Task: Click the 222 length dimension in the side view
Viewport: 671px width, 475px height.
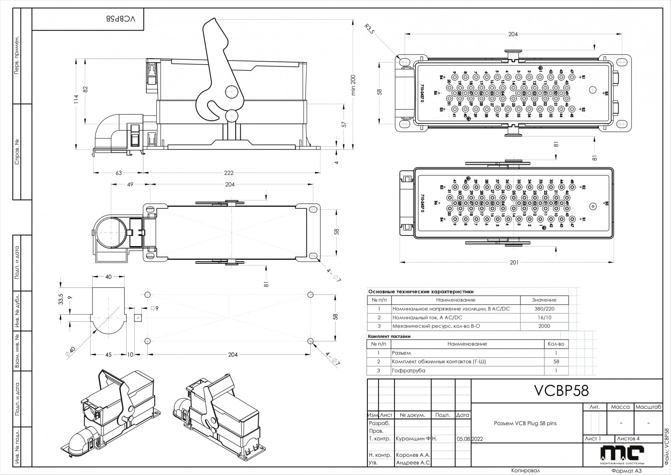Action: pos(229,173)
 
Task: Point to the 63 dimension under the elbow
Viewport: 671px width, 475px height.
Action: pos(119,173)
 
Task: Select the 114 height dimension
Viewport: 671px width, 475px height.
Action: pos(76,99)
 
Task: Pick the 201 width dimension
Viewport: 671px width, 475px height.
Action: pos(514,262)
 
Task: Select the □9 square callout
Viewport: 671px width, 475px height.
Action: pos(154,309)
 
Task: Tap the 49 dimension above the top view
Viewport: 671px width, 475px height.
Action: pos(130,184)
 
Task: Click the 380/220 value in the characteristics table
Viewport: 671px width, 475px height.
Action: pos(544,309)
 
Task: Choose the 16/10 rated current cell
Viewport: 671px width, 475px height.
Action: pos(544,318)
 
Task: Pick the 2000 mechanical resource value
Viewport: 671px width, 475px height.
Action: pos(544,326)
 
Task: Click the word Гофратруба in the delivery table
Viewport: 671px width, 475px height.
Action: pos(408,370)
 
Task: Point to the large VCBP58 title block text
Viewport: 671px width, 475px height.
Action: pos(561,391)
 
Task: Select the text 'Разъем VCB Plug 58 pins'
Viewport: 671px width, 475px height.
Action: pos(525,423)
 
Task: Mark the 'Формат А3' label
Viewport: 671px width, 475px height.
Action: pos(627,471)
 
